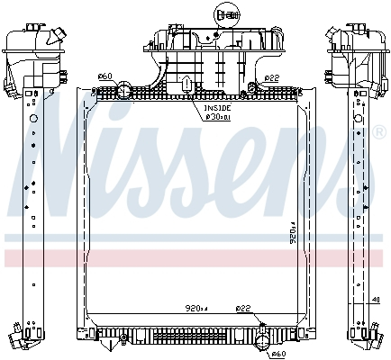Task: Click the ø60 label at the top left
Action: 105,76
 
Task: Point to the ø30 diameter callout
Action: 215,115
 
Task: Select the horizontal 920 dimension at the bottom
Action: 197,309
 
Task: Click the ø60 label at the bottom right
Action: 278,354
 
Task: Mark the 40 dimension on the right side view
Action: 375,301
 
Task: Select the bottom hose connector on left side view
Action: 19,339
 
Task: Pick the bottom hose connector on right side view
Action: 370,339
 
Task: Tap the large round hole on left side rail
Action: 34,118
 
